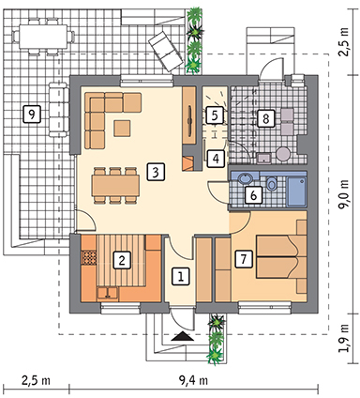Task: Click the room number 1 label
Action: point(181,276)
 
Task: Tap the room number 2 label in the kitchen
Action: point(122,260)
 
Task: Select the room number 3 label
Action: point(156,172)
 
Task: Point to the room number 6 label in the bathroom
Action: point(253,195)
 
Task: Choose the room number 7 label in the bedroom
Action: point(244,259)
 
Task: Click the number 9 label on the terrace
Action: point(32,114)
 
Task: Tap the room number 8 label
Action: point(266,118)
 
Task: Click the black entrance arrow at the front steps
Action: point(182,337)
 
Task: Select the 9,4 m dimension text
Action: point(193,380)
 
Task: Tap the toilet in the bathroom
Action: point(272,184)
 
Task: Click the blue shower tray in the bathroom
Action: point(296,191)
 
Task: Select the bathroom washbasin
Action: point(245,179)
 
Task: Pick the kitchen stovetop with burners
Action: point(88,257)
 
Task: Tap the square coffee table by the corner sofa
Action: point(122,128)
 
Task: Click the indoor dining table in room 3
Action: point(115,186)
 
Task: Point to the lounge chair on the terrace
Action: point(166,51)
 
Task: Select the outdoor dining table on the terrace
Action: point(43,37)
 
